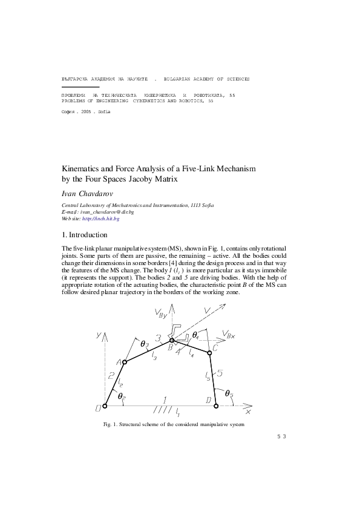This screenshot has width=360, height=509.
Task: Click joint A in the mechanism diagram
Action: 125,362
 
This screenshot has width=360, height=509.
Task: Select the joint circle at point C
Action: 209,352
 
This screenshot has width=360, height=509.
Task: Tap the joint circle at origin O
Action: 105,407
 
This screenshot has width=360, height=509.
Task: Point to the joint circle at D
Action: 216,407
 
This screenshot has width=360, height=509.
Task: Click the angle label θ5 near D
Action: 228,393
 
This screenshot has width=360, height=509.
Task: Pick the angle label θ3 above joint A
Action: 144,344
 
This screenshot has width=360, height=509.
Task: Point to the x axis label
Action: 248,412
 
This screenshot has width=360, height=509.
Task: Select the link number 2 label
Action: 111,375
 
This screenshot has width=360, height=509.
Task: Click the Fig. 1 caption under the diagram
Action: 173,424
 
